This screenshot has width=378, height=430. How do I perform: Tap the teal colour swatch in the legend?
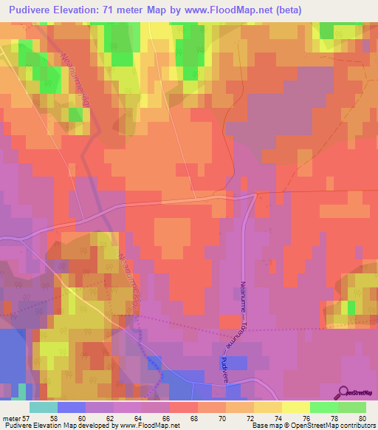(44, 407)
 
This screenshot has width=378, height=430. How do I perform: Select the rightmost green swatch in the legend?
(352, 407)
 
